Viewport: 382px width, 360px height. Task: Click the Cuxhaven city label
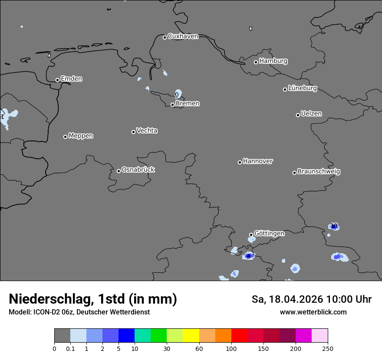183,36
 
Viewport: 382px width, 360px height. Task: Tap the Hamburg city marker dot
256,62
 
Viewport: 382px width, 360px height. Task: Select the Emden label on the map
71,79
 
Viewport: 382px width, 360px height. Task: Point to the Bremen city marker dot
172,105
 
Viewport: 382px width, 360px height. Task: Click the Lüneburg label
302,88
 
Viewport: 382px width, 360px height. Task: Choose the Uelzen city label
311,114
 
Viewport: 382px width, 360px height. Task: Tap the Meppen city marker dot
65,137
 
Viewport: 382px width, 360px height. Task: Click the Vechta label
147,131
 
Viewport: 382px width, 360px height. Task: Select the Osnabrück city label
138,170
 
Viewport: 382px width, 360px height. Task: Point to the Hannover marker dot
240,162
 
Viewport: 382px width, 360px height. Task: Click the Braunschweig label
319,171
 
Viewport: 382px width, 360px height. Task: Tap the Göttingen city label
269,233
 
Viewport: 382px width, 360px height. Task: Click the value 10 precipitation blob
334,226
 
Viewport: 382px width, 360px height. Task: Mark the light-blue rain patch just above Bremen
178,94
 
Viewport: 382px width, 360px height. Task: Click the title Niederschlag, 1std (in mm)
93,299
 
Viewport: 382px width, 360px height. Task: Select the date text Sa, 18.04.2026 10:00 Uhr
312,299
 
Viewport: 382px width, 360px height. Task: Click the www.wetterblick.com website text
313,312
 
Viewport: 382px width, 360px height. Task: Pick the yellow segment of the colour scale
191,336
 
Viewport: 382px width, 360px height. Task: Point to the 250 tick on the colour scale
328,348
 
